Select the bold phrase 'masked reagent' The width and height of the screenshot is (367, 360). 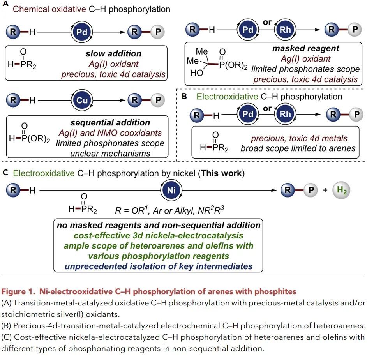click(x=306, y=49)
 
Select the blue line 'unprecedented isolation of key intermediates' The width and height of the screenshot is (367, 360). click(x=158, y=266)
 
